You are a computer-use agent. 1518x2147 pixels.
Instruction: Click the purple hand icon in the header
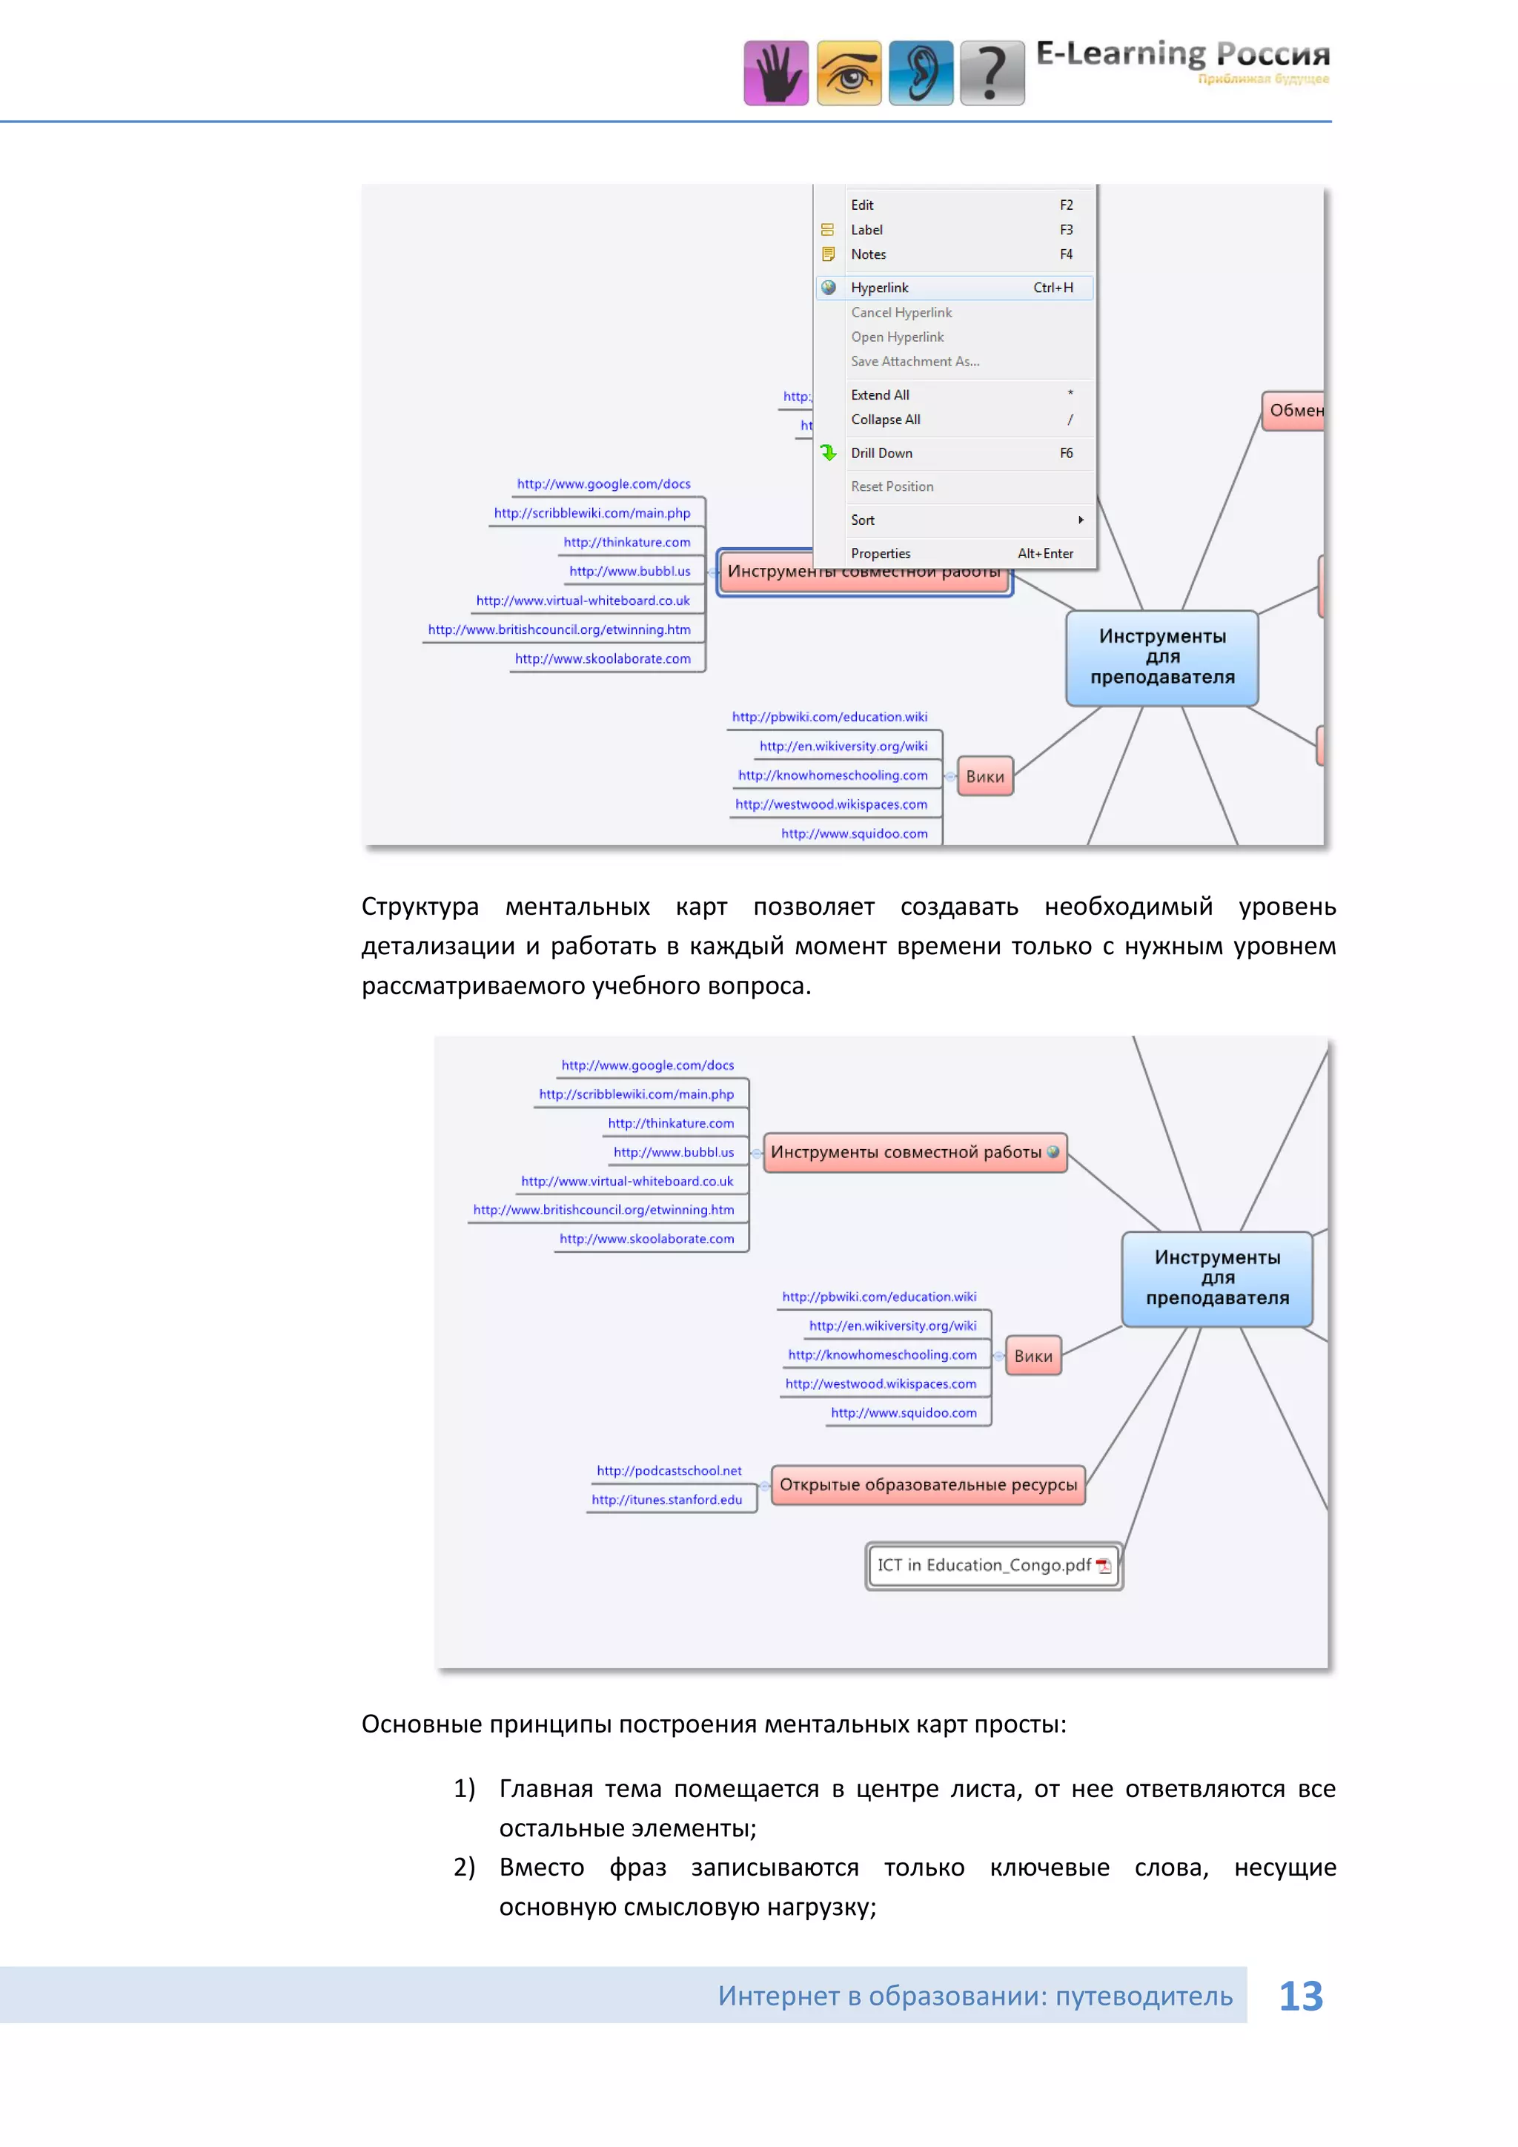tap(776, 73)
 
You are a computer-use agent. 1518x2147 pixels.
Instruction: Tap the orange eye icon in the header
tap(849, 73)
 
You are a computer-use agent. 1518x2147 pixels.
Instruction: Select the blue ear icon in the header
tap(921, 73)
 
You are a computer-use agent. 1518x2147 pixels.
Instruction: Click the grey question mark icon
tap(992, 73)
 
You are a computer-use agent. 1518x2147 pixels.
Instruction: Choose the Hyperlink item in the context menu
tap(880, 288)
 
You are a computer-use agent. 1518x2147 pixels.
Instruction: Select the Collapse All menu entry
tap(885, 420)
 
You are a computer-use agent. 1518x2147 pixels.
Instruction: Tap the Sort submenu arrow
tap(1081, 520)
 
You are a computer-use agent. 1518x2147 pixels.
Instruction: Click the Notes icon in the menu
tap(828, 254)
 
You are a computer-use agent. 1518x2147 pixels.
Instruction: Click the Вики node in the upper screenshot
tap(985, 776)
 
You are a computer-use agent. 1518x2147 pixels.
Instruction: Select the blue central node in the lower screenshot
tap(1217, 1278)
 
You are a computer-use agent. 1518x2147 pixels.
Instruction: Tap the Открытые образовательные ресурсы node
tap(928, 1485)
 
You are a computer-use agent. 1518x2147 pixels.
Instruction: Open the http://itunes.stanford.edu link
tap(666, 1500)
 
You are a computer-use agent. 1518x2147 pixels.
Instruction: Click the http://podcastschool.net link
tap(669, 1471)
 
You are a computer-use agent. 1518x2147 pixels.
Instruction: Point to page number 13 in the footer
tap(1300, 1997)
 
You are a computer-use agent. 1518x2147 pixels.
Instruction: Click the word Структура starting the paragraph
tap(420, 907)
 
